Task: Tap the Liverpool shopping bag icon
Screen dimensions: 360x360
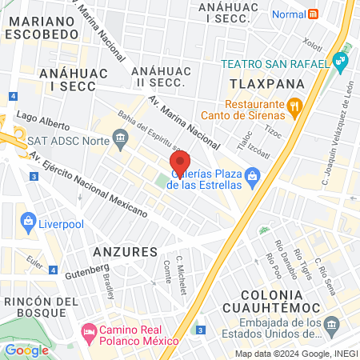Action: (29, 218)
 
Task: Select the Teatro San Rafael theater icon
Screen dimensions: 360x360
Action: (342, 60)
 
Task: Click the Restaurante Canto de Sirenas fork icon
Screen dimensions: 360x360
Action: (294, 105)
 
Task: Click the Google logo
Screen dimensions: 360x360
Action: (26, 350)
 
